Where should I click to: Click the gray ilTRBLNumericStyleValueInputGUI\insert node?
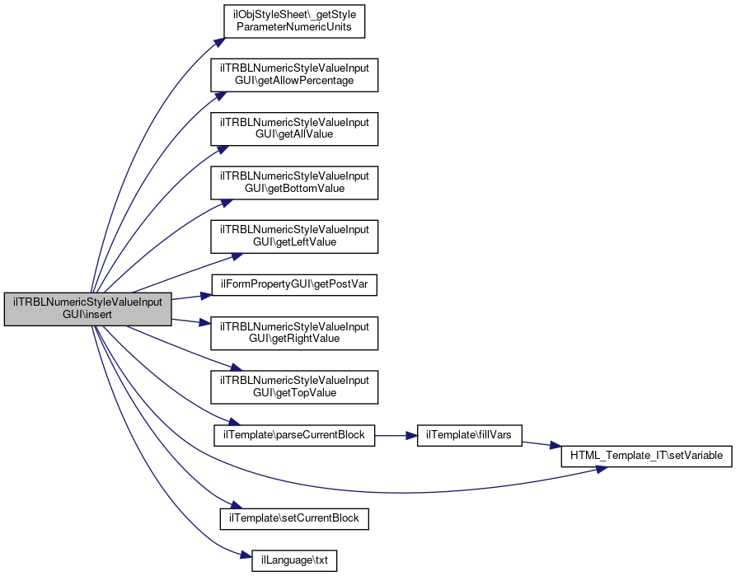click(88, 309)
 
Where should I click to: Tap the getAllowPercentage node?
click(294, 75)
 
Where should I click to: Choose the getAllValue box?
click(294, 129)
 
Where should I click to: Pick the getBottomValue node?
click(294, 182)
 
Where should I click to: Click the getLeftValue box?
click(294, 236)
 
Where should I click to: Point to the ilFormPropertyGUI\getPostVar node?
click(294, 284)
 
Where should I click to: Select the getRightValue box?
click(294, 332)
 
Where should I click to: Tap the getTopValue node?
click(294, 386)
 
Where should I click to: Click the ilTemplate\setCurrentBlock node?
click(294, 518)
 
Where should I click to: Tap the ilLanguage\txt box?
click(294, 560)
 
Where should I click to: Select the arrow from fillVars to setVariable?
click(541, 445)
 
